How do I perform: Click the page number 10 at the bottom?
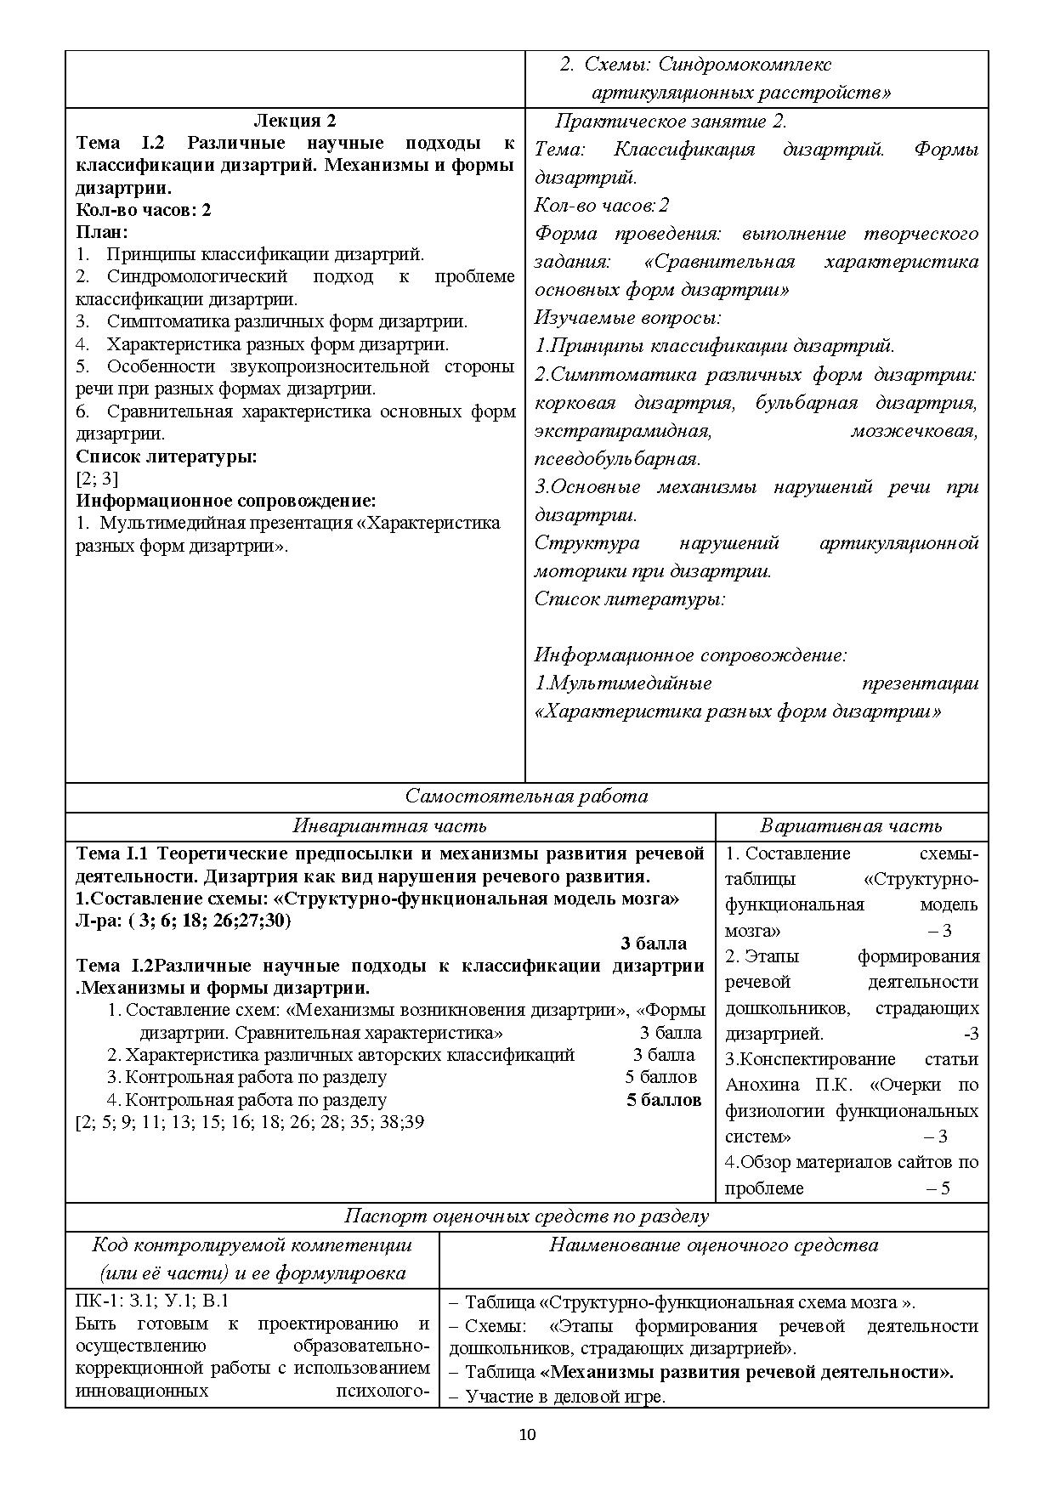[527, 1435]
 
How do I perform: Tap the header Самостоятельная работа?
[526, 797]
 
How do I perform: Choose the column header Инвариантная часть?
[390, 825]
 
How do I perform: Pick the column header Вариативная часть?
[851, 825]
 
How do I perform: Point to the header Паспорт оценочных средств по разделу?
[526, 1216]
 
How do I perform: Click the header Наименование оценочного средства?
[713, 1245]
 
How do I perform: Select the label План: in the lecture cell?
[102, 231]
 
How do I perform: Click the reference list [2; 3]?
[97, 479]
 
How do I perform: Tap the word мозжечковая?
[914, 431]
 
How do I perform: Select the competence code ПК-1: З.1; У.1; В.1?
[152, 1301]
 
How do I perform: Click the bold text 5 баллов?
[664, 1100]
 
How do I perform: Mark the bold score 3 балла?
[654, 943]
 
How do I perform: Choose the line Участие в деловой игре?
[565, 1397]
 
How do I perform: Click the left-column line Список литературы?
[167, 456]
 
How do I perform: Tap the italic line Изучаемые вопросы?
[627, 318]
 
